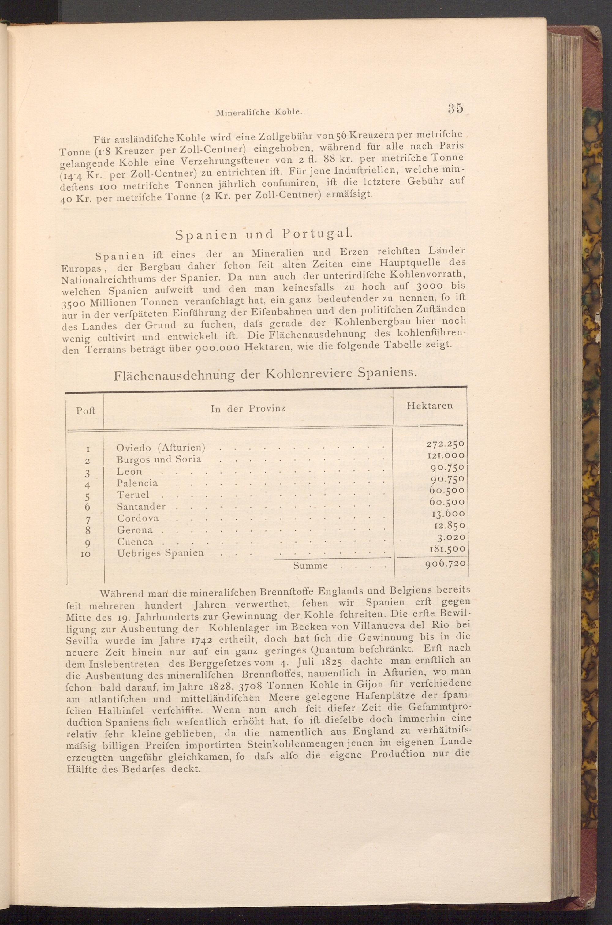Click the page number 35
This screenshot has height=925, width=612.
point(455,108)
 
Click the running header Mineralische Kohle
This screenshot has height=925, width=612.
point(259,112)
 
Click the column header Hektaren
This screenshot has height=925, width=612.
point(429,406)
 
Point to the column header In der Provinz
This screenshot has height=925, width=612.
point(248,409)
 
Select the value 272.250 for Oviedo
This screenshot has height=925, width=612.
point(445,444)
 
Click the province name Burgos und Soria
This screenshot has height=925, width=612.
point(159,459)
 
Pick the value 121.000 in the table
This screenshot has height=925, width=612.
point(445,455)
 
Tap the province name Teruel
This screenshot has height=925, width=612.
point(133,495)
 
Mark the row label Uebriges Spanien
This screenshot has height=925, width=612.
point(160,553)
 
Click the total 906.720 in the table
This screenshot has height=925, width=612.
point(445,564)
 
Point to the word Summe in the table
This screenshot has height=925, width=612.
point(310,566)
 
